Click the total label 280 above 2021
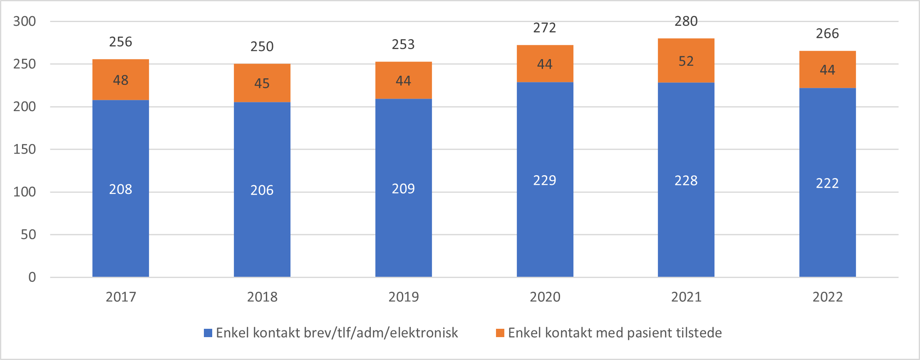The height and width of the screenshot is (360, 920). pyautogui.click(x=686, y=21)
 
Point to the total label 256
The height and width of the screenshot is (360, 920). pyautogui.click(x=121, y=42)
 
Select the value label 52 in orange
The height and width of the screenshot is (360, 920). pyautogui.click(x=686, y=61)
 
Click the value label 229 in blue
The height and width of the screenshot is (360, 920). pyautogui.click(x=545, y=180)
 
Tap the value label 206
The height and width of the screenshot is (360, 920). pyautogui.click(x=262, y=190)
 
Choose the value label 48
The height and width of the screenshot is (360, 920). pyautogui.click(x=121, y=80)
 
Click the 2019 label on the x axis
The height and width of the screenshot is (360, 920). pyautogui.click(x=403, y=297)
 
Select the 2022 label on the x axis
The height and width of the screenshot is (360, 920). pyautogui.click(x=827, y=297)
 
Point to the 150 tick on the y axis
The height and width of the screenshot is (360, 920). pyautogui.click(x=25, y=149)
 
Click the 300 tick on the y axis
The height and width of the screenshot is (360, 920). pyautogui.click(x=25, y=21)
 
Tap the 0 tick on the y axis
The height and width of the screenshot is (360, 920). pyautogui.click(x=32, y=277)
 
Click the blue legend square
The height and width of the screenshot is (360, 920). pyautogui.click(x=208, y=333)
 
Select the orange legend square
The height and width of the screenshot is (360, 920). pyautogui.click(x=500, y=333)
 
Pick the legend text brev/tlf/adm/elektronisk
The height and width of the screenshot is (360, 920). pyautogui.click(x=381, y=333)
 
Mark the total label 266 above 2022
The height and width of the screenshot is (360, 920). pyautogui.click(x=827, y=34)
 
